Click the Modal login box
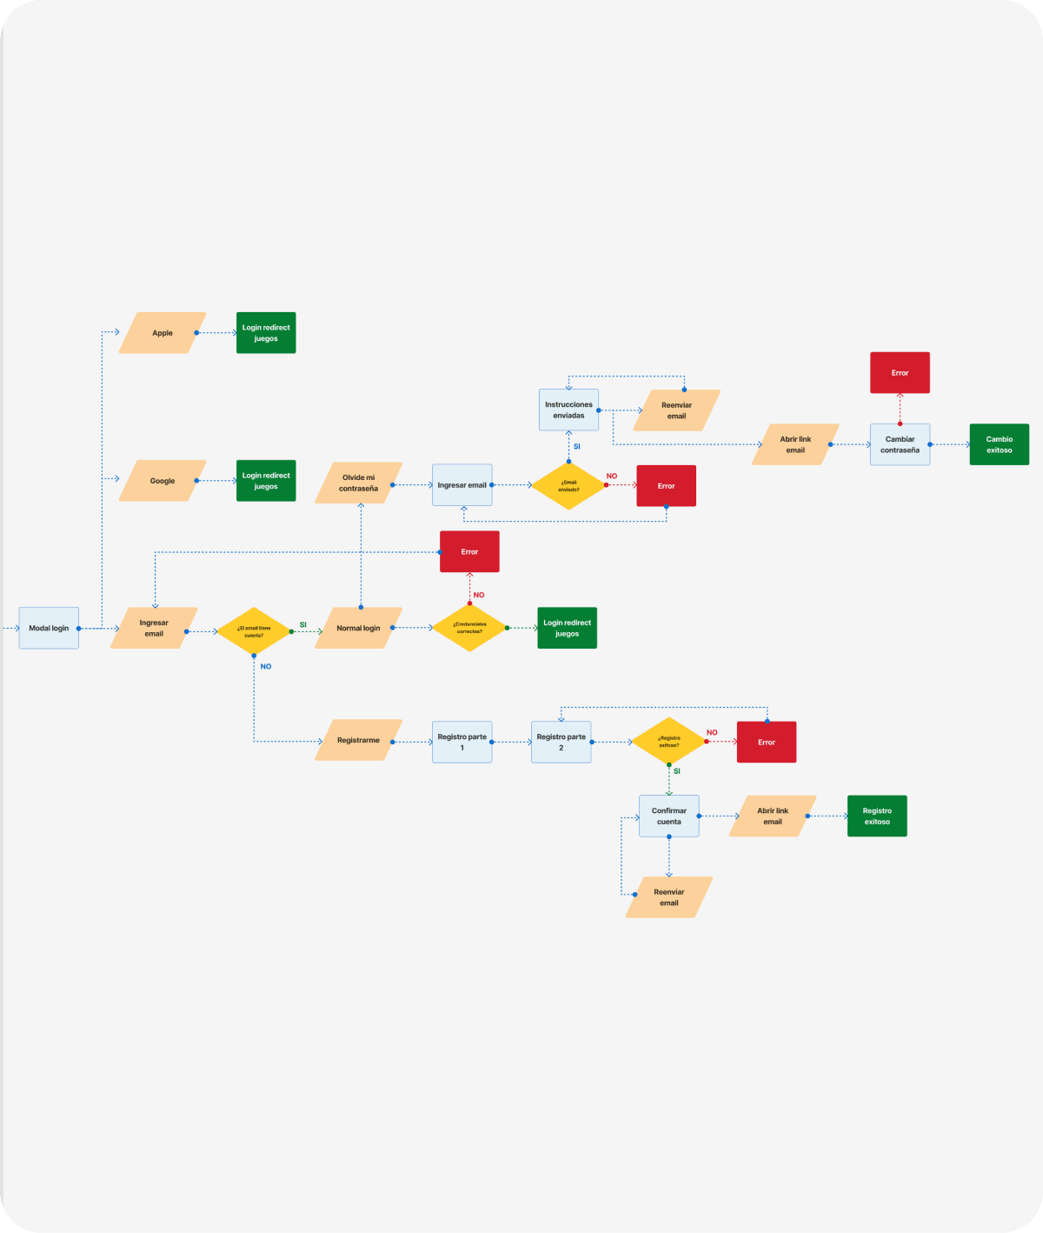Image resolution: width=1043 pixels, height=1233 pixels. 49,628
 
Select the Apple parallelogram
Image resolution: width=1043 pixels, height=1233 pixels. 163,333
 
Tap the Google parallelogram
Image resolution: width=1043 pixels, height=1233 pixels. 163,481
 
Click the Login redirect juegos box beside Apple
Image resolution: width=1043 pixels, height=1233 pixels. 266,333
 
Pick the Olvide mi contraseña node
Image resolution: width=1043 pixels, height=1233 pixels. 358,483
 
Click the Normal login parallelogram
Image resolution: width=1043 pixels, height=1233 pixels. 358,628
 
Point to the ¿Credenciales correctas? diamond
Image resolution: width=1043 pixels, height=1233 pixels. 469,628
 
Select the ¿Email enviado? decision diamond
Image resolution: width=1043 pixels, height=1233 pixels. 568,486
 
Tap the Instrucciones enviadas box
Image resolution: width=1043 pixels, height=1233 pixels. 568,410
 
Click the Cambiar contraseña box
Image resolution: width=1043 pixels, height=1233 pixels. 900,444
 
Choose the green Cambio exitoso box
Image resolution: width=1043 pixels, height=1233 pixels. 999,444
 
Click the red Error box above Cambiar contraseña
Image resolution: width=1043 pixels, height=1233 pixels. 900,373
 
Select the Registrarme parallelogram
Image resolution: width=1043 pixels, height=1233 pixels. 358,740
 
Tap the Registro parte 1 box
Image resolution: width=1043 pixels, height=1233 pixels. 462,742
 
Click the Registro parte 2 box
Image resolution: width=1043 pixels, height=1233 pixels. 561,742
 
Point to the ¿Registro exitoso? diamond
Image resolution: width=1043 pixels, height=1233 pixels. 668,742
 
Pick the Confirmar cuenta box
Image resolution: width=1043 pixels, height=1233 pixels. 668,816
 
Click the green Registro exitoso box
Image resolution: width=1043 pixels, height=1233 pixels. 877,816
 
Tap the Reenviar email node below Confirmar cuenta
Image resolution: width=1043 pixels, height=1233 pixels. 668,897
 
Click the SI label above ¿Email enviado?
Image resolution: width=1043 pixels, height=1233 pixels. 576,447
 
